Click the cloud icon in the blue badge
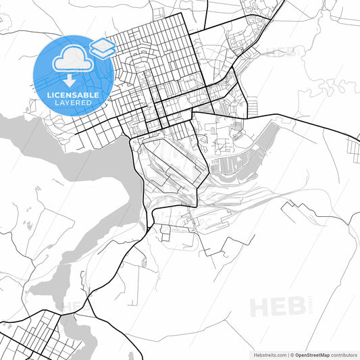(71, 60)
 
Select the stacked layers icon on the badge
(102, 46)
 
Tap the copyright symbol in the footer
(293, 354)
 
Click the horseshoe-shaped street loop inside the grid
(143, 65)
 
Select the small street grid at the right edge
(353, 144)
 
